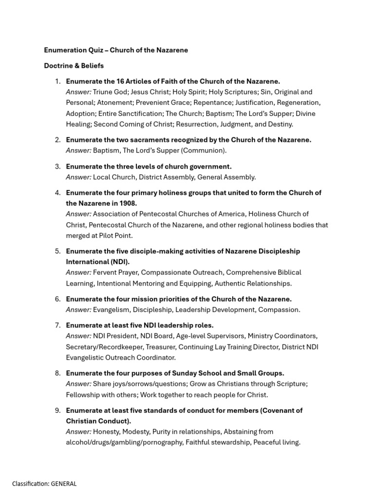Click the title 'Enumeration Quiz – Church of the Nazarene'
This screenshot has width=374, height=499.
(x=116, y=50)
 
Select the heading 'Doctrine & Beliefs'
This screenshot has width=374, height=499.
(x=74, y=66)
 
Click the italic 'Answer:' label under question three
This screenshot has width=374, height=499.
(x=78, y=177)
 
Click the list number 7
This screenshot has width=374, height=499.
(x=57, y=325)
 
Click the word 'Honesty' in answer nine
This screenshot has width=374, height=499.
(x=106, y=432)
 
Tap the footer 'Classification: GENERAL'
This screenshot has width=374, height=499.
(x=44, y=484)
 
